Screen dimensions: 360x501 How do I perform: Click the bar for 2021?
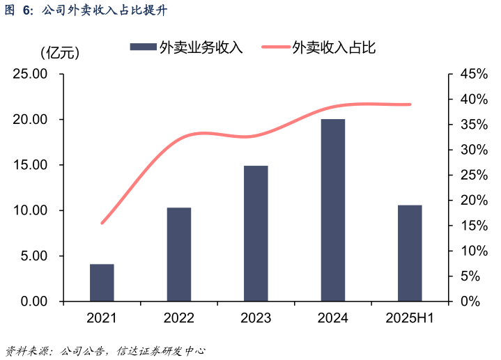(x=102, y=283)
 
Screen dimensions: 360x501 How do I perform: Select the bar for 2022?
(x=179, y=254)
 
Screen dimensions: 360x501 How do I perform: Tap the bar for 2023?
(x=256, y=233)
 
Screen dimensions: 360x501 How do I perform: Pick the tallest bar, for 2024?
(x=333, y=210)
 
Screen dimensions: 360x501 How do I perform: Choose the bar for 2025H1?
(x=410, y=253)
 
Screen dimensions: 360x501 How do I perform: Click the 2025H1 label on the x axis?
(x=410, y=319)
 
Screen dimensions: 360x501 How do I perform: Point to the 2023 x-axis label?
(x=256, y=319)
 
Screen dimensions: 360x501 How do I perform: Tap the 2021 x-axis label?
(x=102, y=319)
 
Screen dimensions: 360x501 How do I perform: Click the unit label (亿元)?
(x=60, y=52)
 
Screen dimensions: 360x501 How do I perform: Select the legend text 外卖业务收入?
(x=200, y=47)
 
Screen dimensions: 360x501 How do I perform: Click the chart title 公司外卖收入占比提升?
(x=105, y=10)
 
